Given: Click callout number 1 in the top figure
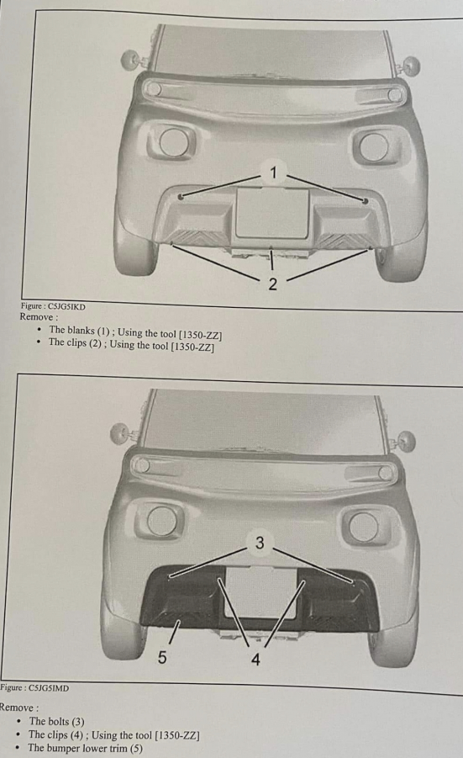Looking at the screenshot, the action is pyautogui.click(x=273, y=172).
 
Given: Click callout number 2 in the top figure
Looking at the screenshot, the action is pyautogui.click(x=273, y=284).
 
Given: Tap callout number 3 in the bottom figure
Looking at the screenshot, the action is pyautogui.click(x=260, y=543).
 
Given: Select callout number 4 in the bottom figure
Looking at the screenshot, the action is pyautogui.click(x=256, y=659).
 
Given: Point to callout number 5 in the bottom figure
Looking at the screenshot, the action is pyautogui.click(x=162, y=657).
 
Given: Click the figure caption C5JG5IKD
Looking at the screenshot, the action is pyautogui.click(x=53, y=306).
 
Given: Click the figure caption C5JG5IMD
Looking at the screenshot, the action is pyautogui.click(x=34, y=687).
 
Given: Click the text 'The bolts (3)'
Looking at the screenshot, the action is pyautogui.click(x=56, y=721).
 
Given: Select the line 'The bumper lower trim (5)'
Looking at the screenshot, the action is pyautogui.click(x=85, y=748).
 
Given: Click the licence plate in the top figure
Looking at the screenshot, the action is pyautogui.click(x=272, y=213).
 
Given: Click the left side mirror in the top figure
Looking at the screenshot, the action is pyautogui.click(x=130, y=60).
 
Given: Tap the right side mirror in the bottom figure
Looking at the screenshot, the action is pyautogui.click(x=406, y=442).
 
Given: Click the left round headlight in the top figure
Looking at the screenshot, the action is pyautogui.click(x=171, y=142).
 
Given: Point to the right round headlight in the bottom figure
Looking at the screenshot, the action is pyautogui.click(x=363, y=527).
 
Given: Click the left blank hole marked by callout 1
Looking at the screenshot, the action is pyautogui.click(x=181, y=197).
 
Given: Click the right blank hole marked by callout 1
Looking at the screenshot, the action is pyautogui.click(x=366, y=200).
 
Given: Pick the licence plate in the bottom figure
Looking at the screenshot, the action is pyautogui.click(x=260, y=592).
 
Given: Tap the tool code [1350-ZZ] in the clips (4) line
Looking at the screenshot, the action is pyautogui.click(x=177, y=735).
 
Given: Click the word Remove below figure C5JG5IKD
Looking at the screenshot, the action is pyautogui.click(x=39, y=317).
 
